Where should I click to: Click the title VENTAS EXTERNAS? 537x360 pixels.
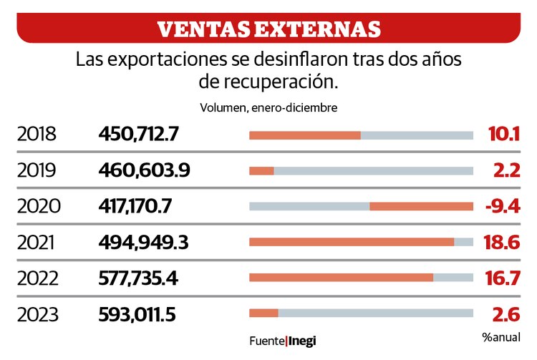(x=268, y=29)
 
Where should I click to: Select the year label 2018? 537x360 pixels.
(x=37, y=134)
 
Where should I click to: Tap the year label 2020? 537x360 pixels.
(x=39, y=206)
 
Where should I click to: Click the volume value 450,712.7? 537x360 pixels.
(x=139, y=134)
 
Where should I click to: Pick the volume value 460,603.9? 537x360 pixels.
(x=143, y=170)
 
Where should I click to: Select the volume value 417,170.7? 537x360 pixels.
(x=135, y=206)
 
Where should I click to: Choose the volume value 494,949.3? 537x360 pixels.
(x=143, y=243)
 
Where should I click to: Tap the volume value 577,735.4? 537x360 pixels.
(x=138, y=278)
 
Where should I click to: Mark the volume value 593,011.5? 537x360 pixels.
(x=137, y=313)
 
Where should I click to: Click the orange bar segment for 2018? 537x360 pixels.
(x=304, y=135)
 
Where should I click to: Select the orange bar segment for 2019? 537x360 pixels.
(x=261, y=170)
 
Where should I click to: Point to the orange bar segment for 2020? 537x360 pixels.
(x=421, y=206)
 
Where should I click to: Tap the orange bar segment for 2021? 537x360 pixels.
(x=351, y=242)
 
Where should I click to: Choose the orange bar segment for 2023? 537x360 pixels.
(x=263, y=313)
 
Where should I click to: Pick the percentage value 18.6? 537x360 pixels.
(x=501, y=243)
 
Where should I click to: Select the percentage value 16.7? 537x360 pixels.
(x=501, y=278)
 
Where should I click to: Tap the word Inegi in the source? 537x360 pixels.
(x=302, y=341)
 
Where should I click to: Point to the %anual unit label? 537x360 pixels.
(x=501, y=337)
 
